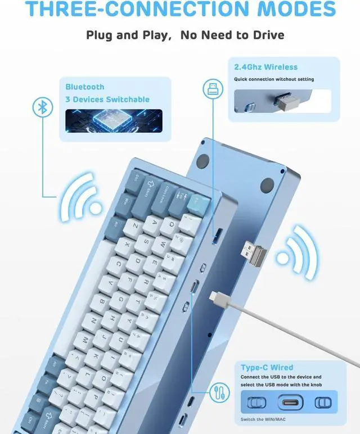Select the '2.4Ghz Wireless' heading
click(265, 67)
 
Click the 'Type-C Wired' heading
click(267, 367)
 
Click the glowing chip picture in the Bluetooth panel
click(114, 120)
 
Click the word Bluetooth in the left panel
click(85, 87)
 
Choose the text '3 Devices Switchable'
click(107, 100)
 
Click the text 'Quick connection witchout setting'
click(274, 79)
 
